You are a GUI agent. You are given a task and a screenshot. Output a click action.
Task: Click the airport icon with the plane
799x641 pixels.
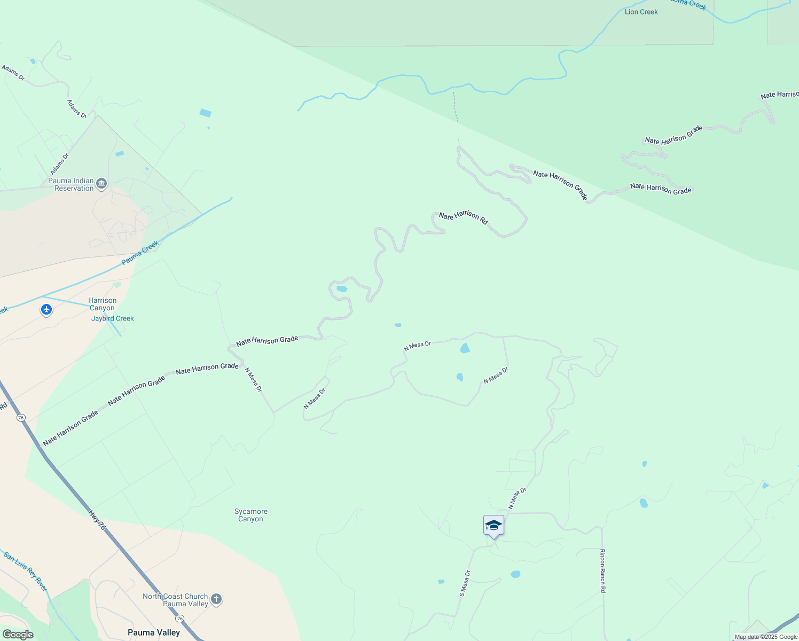coord(46,309)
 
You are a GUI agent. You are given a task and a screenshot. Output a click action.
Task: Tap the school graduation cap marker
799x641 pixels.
coord(493,526)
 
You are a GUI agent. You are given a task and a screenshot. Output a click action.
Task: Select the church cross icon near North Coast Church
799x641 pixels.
coord(216,599)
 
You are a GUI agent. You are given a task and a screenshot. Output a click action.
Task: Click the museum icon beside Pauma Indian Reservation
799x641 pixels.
coord(101,184)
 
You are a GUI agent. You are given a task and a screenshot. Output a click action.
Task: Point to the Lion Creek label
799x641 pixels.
coord(641,12)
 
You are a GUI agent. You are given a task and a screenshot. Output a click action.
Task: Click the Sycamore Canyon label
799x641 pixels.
coord(250,515)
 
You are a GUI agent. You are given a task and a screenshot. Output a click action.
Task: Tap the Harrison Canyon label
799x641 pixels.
coord(102,304)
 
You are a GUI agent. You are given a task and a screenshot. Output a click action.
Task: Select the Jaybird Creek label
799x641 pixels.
coord(113,318)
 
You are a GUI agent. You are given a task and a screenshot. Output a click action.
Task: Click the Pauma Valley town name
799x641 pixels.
coord(154,632)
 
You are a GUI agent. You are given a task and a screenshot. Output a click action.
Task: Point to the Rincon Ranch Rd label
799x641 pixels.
coord(602,570)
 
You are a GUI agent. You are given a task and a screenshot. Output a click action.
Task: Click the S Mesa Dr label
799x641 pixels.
coord(465,583)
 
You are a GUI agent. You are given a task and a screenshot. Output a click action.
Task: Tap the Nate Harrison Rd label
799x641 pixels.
coord(464,217)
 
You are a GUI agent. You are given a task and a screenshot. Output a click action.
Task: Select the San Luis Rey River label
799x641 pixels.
coord(26,571)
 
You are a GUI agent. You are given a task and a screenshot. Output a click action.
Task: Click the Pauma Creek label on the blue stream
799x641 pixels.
coord(140,253)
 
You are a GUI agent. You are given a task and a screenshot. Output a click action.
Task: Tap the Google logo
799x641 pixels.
coord(18,635)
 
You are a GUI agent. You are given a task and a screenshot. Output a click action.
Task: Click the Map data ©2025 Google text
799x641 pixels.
coord(766,637)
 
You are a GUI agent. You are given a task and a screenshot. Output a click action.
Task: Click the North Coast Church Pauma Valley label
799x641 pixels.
coord(175,600)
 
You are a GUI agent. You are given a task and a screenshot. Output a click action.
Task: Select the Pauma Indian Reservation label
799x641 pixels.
coord(71,184)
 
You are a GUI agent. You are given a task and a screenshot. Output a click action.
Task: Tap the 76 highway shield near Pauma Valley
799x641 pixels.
coord(180,619)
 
